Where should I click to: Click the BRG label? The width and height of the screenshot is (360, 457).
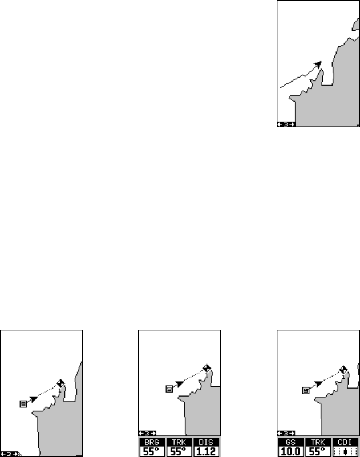[x=152, y=442]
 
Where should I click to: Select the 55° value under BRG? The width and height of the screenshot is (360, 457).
[x=152, y=452]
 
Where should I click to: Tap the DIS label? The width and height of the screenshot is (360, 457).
[x=206, y=442]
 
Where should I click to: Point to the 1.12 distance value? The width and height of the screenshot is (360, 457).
[x=206, y=452]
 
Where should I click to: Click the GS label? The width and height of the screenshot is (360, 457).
[x=290, y=442]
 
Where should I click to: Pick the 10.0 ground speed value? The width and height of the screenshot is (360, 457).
[x=290, y=452]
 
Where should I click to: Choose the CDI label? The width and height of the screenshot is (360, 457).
[x=345, y=442]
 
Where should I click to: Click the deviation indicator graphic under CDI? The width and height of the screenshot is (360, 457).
[x=345, y=452]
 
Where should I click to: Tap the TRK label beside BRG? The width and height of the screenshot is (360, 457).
[x=179, y=442]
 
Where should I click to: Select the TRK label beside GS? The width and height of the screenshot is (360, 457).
[x=318, y=442]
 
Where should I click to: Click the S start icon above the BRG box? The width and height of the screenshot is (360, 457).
[x=169, y=389]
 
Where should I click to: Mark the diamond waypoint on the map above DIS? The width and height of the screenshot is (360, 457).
[x=207, y=368]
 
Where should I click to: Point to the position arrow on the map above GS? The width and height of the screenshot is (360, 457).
[x=318, y=384]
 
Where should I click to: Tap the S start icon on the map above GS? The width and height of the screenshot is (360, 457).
[x=306, y=390]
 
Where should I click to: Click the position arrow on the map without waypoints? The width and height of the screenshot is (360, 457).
[x=318, y=64]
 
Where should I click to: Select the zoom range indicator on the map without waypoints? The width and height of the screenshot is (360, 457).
[x=286, y=124]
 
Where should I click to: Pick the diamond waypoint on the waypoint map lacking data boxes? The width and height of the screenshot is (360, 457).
[x=60, y=383]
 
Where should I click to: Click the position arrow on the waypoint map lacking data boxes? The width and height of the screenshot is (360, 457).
[x=34, y=399]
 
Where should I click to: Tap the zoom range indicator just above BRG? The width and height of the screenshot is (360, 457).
[x=147, y=434]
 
